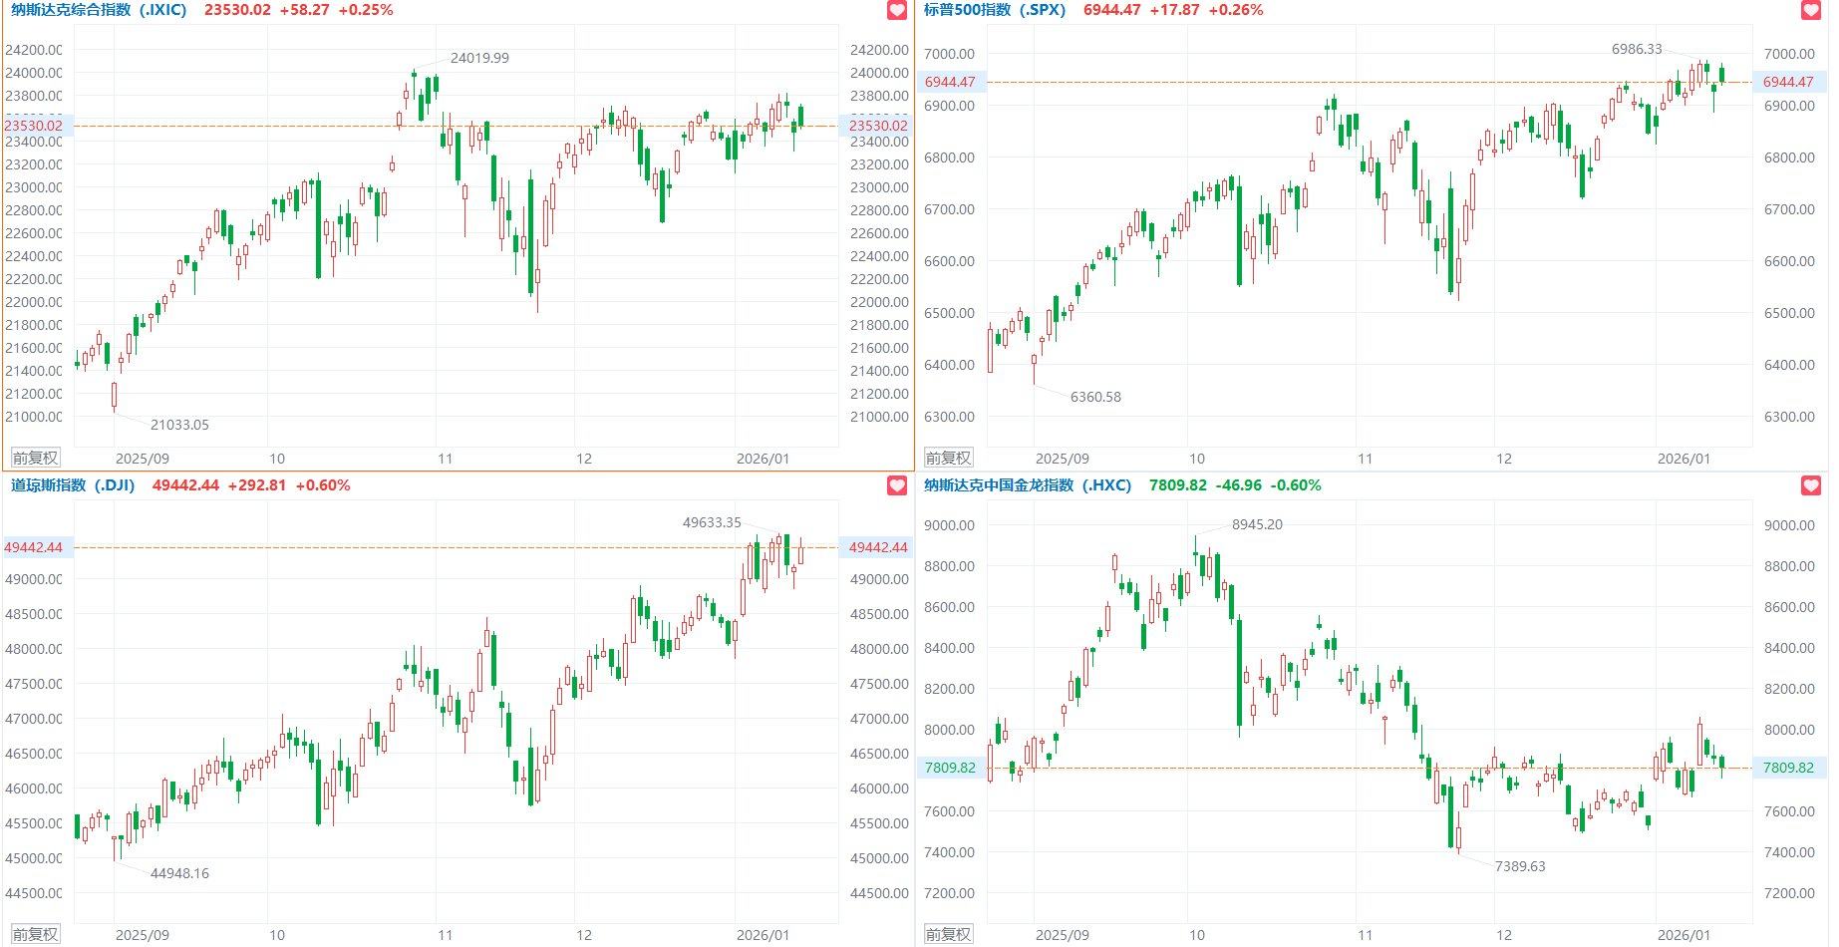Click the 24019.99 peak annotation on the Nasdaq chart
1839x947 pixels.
(x=479, y=58)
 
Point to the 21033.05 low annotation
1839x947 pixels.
(x=179, y=425)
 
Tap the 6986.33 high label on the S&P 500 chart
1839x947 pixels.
(x=1637, y=49)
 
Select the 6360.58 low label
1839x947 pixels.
(x=1095, y=397)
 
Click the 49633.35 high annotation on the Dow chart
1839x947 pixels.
(x=712, y=522)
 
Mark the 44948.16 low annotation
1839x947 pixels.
(x=179, y=873)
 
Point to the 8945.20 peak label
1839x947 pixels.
(x=1257, y=524)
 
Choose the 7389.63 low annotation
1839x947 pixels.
(x=1520, y=866)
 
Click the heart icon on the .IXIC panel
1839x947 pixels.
(x=897, y=10)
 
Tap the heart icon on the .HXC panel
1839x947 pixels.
(x=1811, y=485)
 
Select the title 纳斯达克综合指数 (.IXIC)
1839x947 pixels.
(x=99, y=10)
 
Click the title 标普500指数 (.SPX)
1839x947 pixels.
(x=994, y=10)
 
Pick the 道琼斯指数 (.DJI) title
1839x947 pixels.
(x=73, y=485)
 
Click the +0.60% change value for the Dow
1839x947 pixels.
(x=323, y=485)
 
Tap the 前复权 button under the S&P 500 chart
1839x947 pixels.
(x=948, y=459)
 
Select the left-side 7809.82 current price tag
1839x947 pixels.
(x=950, y=768)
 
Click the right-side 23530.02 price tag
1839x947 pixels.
(x=878, y=126)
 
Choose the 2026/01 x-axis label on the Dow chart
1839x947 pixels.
(x=763, y=935)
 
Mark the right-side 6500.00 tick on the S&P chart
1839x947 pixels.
(x=1789, y=313)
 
